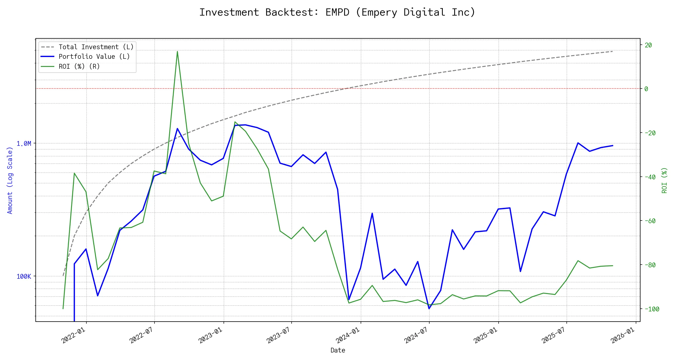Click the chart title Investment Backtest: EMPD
tap(337, 12)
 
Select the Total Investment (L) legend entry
tap(96, 47)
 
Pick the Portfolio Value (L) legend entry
tap(94, 57)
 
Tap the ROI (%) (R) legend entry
tap(79, 67)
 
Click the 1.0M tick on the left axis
tap(24, 144)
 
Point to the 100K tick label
tap(24, 277)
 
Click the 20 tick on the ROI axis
tap(648, 45)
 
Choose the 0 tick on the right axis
tap(646, 89)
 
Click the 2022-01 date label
tap(74, 335)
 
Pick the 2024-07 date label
tap(416, 335)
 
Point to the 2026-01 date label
tap(623, 335)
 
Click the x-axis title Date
tap(338, 350)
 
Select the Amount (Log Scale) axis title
tap(10, 180)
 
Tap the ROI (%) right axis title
tap(664, 180)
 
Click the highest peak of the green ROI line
tap(177, 51)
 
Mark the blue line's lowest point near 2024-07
tap(429, 308)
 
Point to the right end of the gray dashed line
tap(613, 51)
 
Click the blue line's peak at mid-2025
tap(578, 143)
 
